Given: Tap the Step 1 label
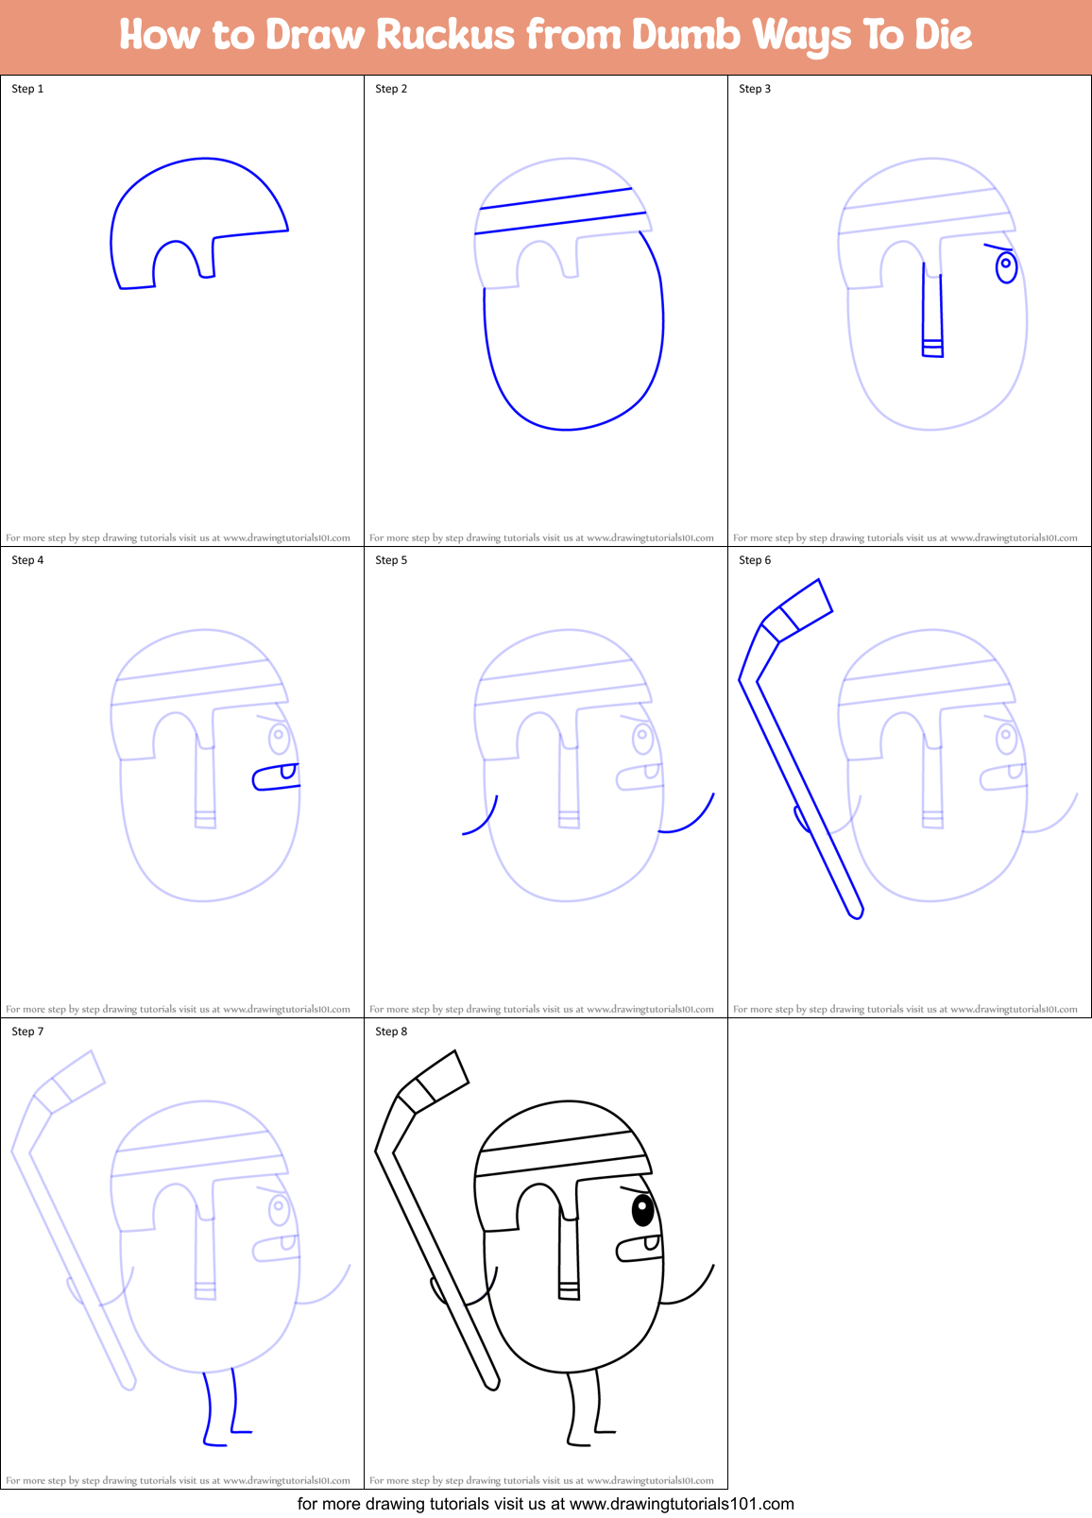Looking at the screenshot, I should pos(27,89).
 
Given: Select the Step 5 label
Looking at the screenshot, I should pos(391,560).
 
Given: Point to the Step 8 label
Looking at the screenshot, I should pos(391,1032).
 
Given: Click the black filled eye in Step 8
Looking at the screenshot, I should pos(642,1208).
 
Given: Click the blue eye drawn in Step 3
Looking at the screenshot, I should pos(1007,265).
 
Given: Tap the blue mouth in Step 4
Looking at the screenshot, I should pos(275,777).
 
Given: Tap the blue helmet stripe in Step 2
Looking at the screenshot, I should pos(559,211).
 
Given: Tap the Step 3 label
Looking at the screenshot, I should pos(755,89).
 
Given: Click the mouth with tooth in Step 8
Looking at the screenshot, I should pos(640,1248).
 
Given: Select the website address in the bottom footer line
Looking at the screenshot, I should pos(682,1504).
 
